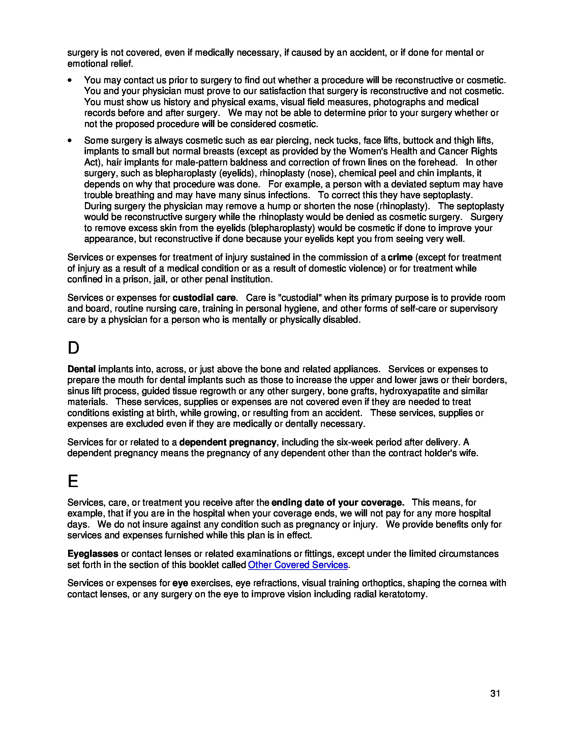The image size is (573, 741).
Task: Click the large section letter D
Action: click(73, 348)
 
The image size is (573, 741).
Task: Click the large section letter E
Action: click(73, 481)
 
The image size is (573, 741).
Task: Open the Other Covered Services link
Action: click(298, 565)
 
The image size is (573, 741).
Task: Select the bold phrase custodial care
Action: click(204, 298)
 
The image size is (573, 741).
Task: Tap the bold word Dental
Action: click(82, 369)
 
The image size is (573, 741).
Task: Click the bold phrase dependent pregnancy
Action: click(227, 442)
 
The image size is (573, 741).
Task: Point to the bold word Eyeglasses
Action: click(93, 554)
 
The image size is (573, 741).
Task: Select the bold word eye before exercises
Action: click(180, 583)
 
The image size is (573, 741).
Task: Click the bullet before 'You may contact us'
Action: click(70, 80)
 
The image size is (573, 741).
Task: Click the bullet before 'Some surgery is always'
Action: click(70, 140)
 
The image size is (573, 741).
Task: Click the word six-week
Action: click(353, 442)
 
